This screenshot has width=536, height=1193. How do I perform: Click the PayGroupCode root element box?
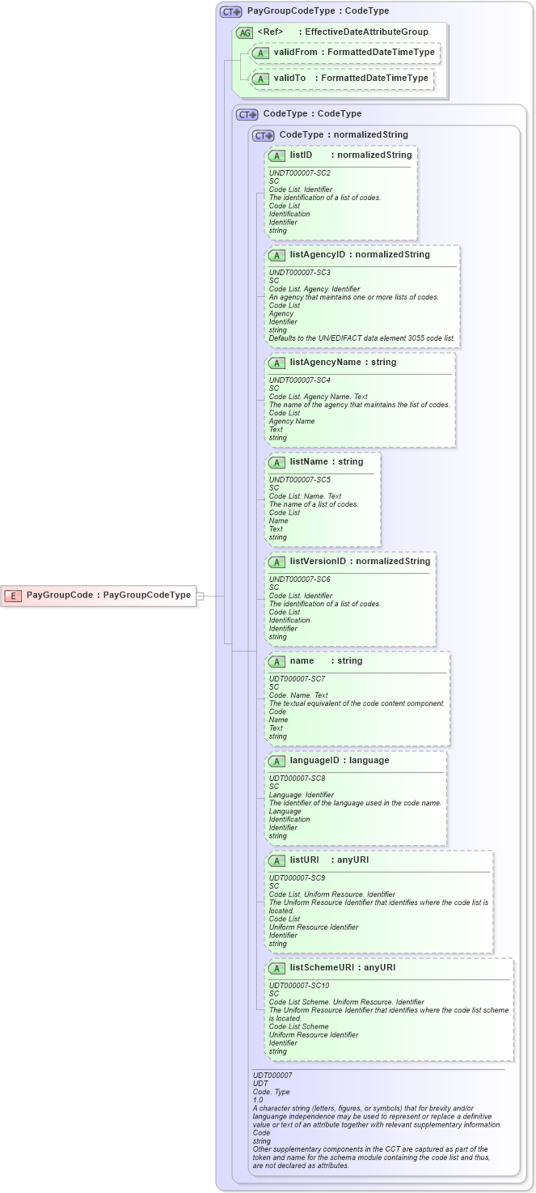(99, 595)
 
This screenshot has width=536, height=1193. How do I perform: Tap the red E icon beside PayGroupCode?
(14, 596)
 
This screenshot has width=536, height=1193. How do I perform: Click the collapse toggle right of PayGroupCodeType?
(200, 596)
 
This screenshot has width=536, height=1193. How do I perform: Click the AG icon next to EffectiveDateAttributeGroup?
(244, 32)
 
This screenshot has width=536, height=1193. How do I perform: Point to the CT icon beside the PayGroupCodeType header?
(231, 11)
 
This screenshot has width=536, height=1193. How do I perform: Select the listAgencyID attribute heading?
(317, 255)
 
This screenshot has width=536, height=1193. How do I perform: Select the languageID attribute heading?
(316, 760)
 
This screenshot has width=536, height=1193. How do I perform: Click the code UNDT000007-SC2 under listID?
(299, 172)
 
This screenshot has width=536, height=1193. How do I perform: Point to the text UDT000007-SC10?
(298, 985)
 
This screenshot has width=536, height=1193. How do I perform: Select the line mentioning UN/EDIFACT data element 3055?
(361, 338)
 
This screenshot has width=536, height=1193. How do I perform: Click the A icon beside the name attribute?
(276, 661)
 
